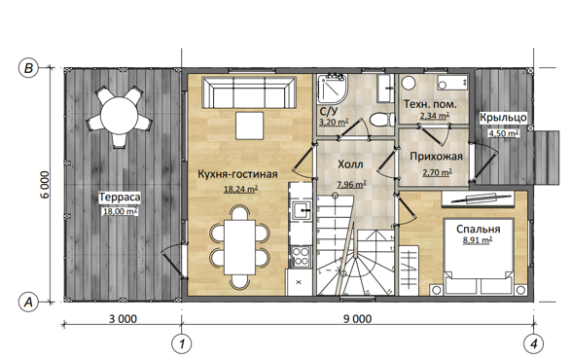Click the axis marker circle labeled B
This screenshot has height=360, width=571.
[x=28, y=68]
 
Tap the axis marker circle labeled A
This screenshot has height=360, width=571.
[x=28, y=302]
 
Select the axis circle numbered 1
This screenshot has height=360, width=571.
[x=181, y=343]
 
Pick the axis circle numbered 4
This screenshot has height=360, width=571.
[x=533, y=343]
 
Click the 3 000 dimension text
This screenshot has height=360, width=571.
[x=124, y=319]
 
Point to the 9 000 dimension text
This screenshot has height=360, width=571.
[x=358, y=319]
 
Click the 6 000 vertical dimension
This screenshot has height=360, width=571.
[x=45, y=185]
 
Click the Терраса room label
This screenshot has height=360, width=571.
[x=120, y=198]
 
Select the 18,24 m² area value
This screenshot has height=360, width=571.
[x=240, y=189]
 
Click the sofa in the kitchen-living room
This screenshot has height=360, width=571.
[x=249, y=92]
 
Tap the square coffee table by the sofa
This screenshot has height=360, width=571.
[x=249, y=126]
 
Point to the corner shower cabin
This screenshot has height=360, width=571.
[x=332, y=89]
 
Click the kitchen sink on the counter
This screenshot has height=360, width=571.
[x=302, y=210]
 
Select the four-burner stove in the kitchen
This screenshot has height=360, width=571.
[x=301, y=257]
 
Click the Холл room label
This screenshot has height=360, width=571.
[x=350, y=164]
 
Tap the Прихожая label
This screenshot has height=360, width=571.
[x=436, y=157]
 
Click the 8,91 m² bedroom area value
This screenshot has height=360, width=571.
[x=478, y=240]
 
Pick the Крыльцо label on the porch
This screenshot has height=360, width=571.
[x=503, y=118]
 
